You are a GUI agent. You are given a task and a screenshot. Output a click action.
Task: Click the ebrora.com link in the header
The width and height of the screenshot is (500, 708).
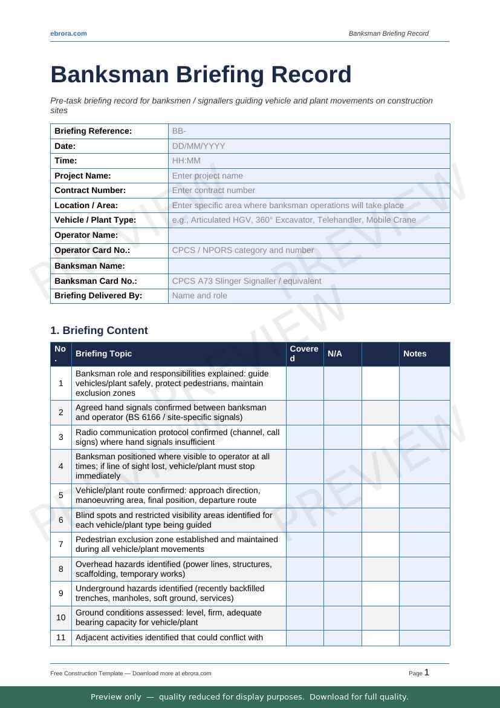click(x=68, y=33)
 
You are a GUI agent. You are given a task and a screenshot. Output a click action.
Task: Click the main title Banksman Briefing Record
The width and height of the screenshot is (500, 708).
click(x=201, y=74)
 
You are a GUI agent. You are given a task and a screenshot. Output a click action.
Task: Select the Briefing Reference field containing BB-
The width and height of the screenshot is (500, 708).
click(x=308, y=131)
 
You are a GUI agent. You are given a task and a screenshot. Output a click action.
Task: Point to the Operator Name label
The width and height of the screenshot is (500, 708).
click(x=86, y=235)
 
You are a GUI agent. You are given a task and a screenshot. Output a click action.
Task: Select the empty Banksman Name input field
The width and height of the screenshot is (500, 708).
click(x=308, y=266)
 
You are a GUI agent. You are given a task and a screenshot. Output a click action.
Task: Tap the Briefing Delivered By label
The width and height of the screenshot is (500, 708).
click(x=98, y=296)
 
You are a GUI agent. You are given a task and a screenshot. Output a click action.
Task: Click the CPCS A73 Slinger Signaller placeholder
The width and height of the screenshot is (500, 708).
click(x=247, y=281)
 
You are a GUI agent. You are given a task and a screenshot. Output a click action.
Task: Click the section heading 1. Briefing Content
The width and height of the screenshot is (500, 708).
click(x=99, y=330)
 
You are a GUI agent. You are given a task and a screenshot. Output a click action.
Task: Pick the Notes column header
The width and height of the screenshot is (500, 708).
click(x=415, y=354)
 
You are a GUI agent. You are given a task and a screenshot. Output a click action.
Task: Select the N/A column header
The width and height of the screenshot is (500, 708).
click(x=334, y=354)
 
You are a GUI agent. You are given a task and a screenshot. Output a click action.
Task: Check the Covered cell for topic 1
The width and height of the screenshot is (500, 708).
click(x=305, y=384)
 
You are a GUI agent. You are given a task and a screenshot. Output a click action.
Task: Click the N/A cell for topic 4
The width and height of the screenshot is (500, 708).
click(x=342, y=467)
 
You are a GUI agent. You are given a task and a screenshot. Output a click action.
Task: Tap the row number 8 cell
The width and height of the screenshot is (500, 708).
click(x=61, y=569)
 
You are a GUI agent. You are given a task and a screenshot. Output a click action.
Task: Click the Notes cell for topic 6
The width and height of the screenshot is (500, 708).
click(x=424, y=520)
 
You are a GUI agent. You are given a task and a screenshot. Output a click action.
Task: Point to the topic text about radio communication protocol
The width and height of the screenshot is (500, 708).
click(x=177, y=437)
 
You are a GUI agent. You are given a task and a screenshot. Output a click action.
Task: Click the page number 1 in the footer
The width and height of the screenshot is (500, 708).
click(x=427, y=672)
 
